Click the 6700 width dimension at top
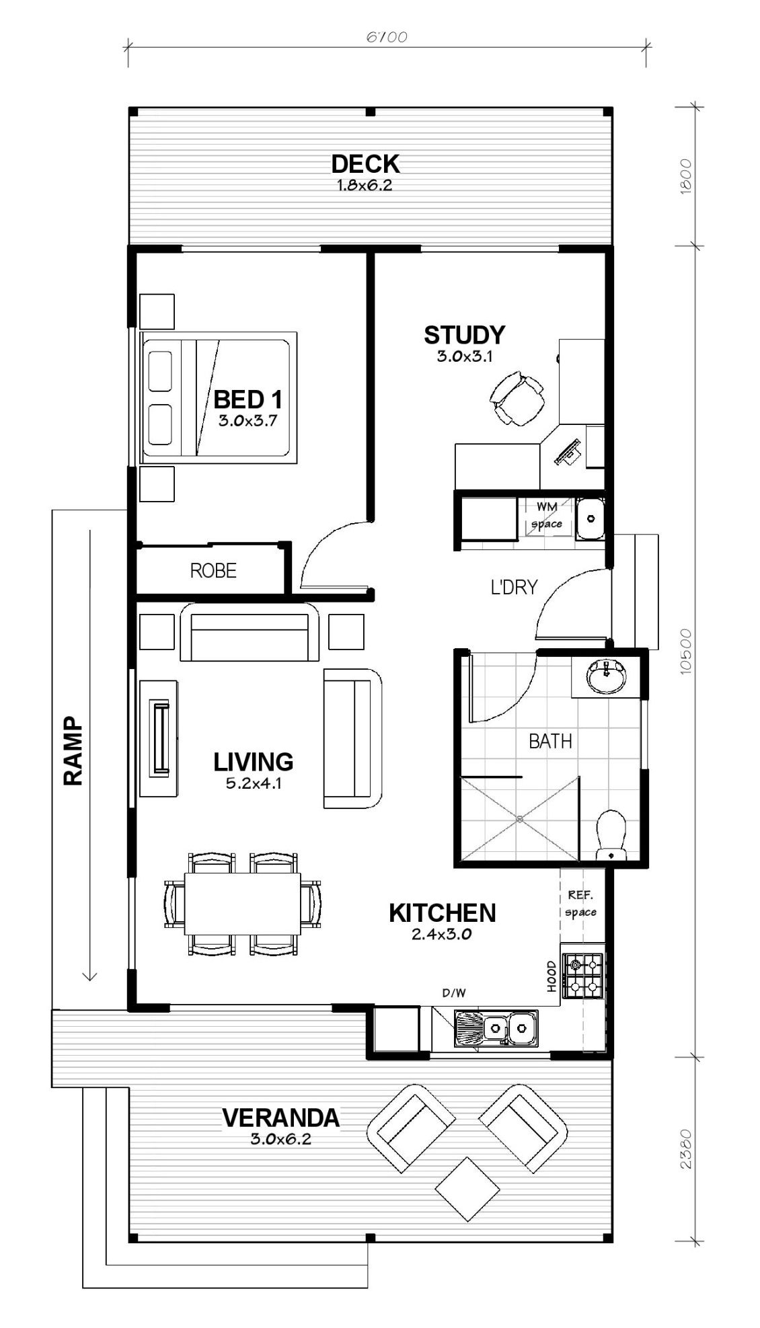387,37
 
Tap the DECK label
365,163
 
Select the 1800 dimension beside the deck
685,177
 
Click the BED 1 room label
248,400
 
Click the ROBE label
213,571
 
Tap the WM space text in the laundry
547,515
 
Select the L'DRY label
514,587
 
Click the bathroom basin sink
606,676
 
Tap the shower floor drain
519,819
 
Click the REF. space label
580,903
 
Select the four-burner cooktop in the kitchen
582,976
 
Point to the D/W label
454,992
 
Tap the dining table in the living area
242,903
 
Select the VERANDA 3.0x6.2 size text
280,1139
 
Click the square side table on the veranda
467,1189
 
